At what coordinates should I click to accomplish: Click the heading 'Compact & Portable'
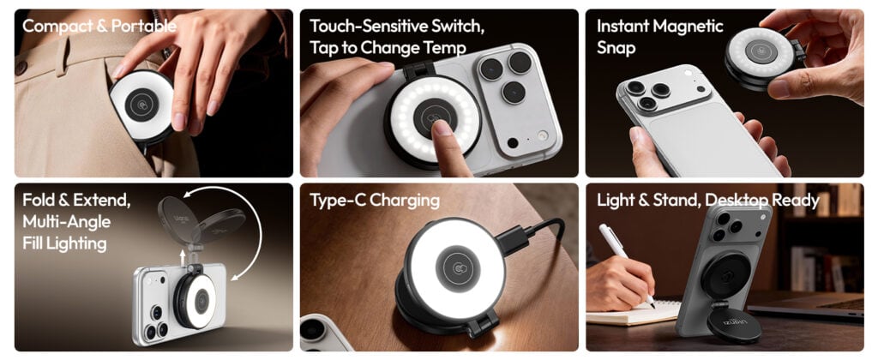(99, 26)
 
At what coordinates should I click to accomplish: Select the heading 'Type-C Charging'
(375, 201)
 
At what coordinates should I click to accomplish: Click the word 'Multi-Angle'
(67, 222)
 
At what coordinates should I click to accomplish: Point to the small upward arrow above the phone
(183, 257)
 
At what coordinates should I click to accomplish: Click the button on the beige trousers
(21, 68)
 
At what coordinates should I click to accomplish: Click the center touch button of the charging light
(458, 267)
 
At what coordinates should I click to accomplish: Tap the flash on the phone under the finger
(541, 135)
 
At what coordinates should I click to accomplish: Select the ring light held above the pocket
(141, 105)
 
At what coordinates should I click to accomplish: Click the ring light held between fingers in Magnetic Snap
(763, 57)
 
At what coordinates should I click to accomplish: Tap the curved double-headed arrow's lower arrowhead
(236, 275)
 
